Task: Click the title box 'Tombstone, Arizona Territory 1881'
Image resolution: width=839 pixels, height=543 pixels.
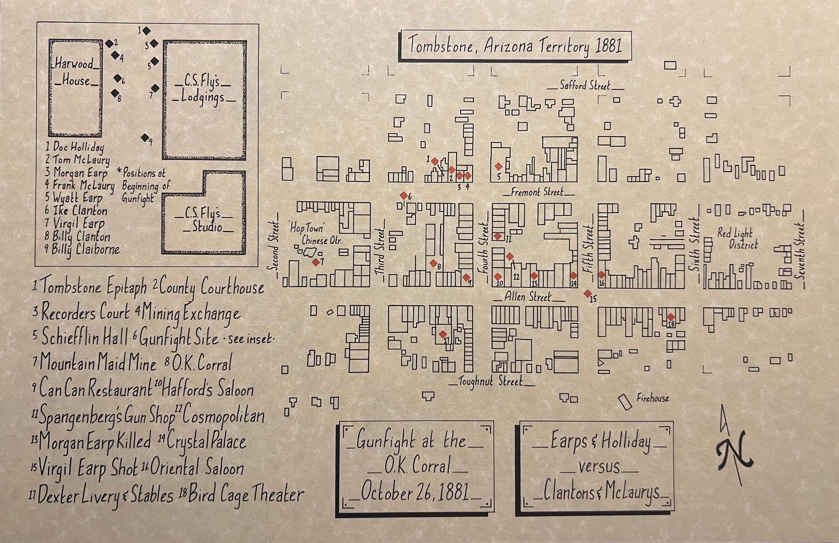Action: coord(515,46)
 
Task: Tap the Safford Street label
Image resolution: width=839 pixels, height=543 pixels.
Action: coord(585,86)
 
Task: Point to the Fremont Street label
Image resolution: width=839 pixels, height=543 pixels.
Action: coord(537,192)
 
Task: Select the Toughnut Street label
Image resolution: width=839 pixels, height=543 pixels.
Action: coord(491,382)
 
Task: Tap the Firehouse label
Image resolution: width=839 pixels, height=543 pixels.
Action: coord(652,398)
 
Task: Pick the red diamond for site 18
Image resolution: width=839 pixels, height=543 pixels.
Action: coord(671,317)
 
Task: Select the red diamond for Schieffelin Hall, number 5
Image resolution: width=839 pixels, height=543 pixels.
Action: coord(498,166)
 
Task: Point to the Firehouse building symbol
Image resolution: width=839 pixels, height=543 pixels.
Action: coord(625,402)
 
